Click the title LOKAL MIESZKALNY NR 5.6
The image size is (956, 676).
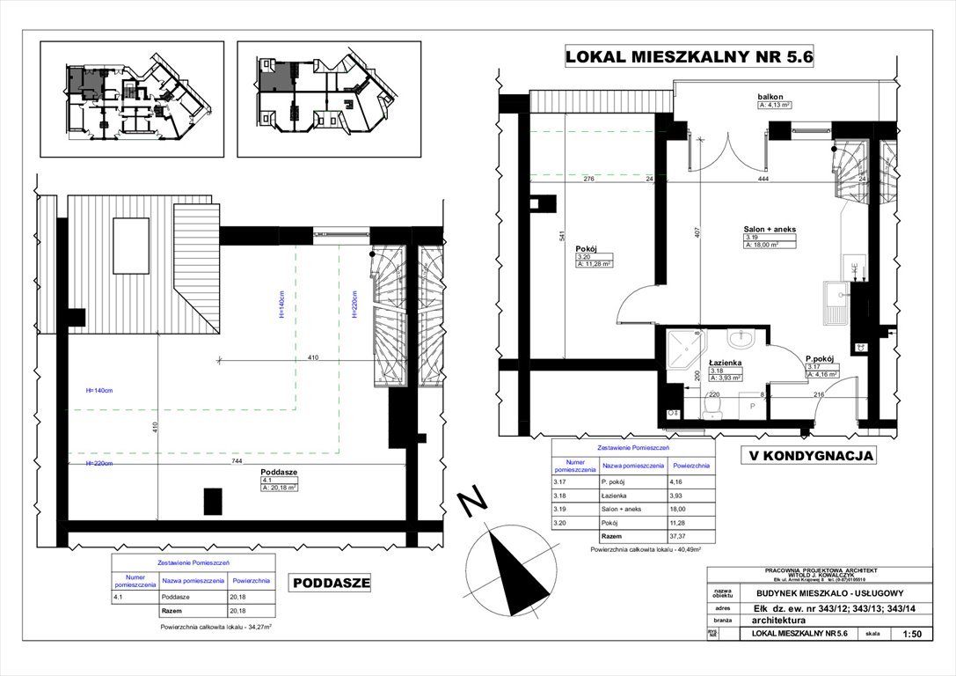coord(688,58)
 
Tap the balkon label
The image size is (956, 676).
coord(770,96)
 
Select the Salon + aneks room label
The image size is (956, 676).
coord(770,229)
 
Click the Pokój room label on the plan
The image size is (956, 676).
coord(587,248)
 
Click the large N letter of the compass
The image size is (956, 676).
coord(475,503)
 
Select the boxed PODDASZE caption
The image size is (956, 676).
coord(331,582)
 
